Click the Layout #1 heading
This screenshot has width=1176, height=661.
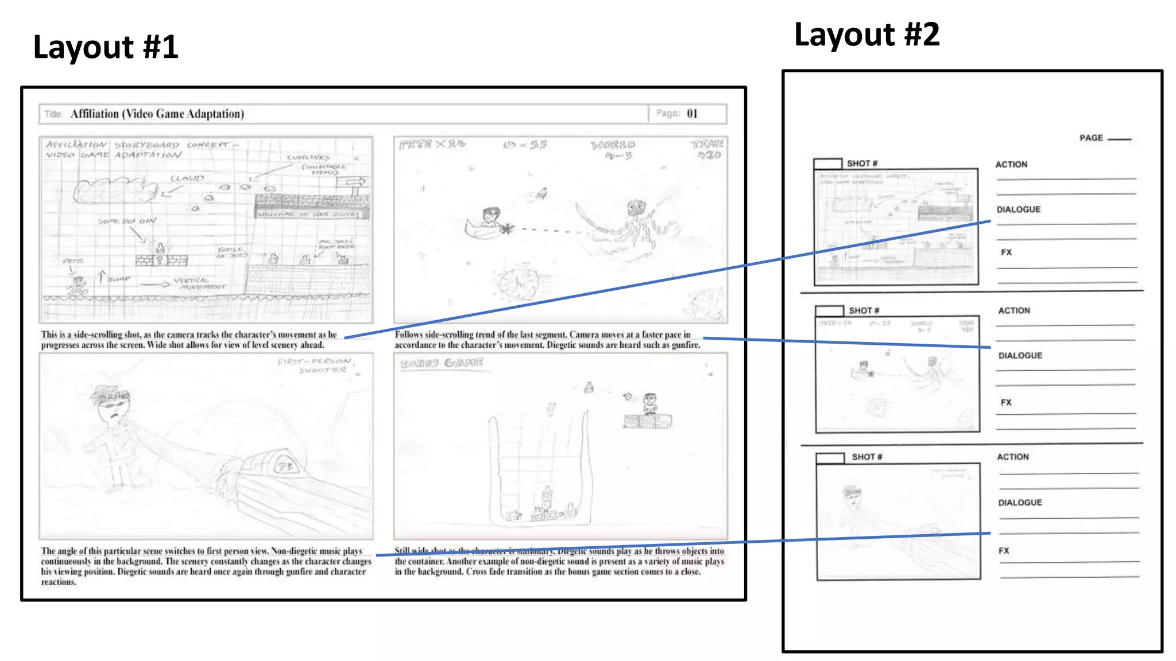(x=106, y=47)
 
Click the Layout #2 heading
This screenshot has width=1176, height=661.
(x=866, y=35)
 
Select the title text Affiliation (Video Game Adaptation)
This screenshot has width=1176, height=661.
(x=157, y=114)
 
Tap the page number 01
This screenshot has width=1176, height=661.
(x=692, y=114)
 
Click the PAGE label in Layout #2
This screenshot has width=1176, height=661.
(x=1091, y=138)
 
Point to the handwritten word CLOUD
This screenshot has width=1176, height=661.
(x=187, y=178)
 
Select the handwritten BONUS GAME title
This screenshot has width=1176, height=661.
(x=442, y=363)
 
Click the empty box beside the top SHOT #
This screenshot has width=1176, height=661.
(x=827, y=164)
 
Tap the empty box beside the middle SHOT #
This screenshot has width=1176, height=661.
(x=829, y=310)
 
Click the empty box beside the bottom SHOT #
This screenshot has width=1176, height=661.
(x=830, y=457)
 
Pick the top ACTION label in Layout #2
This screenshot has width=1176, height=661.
(x=1011, y=165)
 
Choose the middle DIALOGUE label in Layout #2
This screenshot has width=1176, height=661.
(x=1020, y=356)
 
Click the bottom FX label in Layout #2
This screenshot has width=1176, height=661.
(x=1004, y=551)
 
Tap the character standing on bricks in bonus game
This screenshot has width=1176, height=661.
(x=649, y=404)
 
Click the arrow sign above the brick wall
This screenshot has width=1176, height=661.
(x=351, y=182)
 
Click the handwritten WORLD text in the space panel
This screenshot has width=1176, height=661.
(x=613, y=145)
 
